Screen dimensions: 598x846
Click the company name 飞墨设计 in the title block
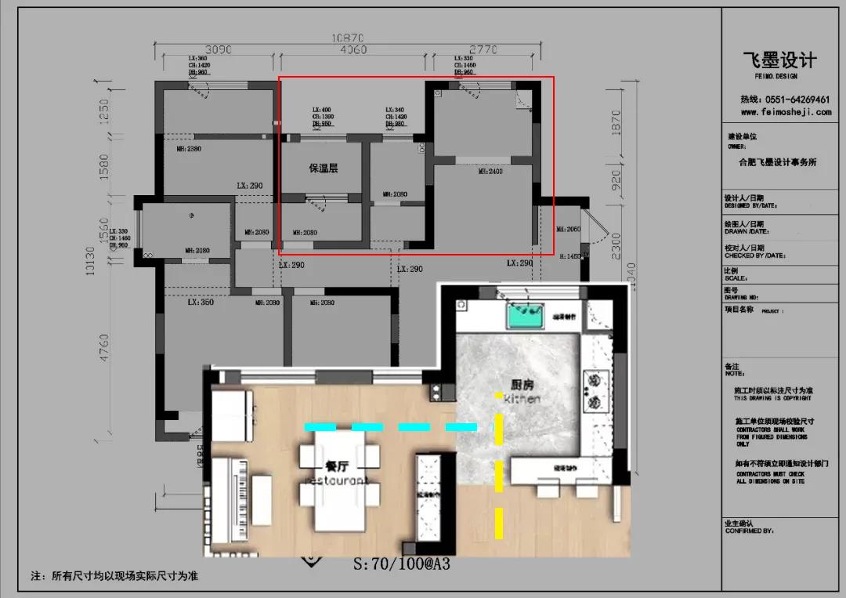779,60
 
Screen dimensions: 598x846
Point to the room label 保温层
323,169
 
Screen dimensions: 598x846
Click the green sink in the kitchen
526,316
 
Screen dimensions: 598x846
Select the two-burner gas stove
595,392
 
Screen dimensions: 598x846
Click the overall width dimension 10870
348,37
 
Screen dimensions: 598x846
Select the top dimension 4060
353,49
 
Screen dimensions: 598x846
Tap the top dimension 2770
483,49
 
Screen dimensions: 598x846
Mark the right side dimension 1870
614,121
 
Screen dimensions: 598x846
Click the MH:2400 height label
490,171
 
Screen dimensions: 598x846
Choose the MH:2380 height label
188,148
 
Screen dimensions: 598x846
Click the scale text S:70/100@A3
402,563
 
